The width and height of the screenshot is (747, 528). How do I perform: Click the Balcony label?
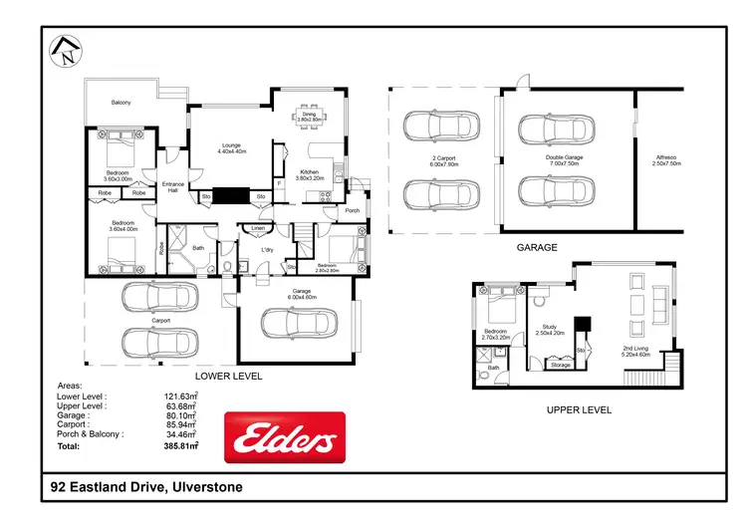121,103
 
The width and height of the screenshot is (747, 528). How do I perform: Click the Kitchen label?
309,172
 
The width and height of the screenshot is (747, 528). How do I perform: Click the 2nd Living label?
634,347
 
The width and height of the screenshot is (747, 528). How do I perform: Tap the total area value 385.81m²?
180,447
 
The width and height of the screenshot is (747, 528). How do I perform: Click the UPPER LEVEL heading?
578,409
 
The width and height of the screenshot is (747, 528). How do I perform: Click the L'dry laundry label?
267,249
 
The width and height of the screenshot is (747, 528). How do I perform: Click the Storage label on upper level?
560,365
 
